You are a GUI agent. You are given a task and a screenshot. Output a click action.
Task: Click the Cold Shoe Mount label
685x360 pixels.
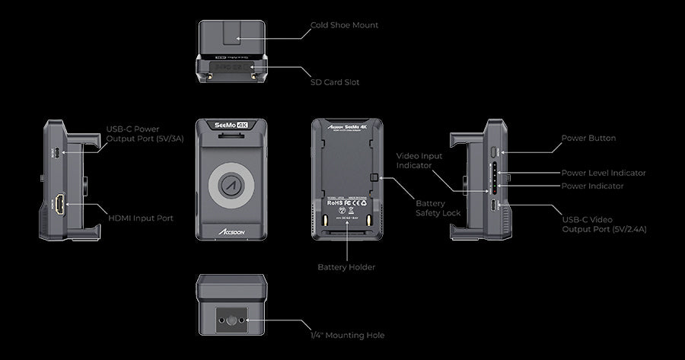(344, 25)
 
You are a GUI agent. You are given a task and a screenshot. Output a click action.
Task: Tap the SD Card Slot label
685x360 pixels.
(335, 81)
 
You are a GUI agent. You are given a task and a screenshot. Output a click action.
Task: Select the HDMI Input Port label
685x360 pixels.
(141, 218)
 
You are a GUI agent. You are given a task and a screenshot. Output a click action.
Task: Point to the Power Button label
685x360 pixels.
(588, 139)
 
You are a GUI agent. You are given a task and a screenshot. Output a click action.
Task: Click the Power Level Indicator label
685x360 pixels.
(604, 173)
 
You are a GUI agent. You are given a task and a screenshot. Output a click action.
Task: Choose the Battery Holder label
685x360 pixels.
(346, 267)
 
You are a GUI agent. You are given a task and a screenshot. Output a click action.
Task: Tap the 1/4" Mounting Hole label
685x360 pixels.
(348, 335)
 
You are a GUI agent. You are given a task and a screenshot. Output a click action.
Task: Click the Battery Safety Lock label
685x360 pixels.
(438, 209)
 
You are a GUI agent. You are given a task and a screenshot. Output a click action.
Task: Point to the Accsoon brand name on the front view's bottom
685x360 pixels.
(228, 234)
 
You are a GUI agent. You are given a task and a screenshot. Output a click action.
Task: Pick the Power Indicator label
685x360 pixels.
(592, 186)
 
